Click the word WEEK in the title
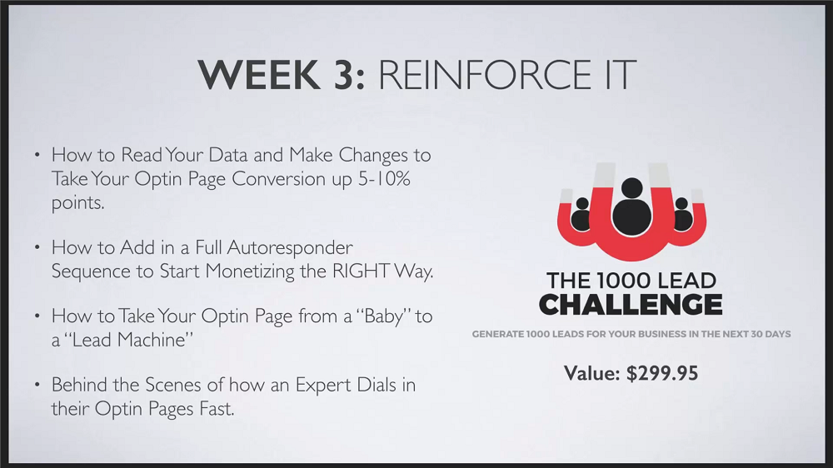259,74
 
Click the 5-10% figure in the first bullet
384,178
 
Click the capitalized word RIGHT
362,271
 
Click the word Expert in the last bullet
320,385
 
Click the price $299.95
662,373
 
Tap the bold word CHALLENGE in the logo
631,305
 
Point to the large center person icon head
631,187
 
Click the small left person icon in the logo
582,214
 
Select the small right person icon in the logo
681,214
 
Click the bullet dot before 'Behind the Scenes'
37,384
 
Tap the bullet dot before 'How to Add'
37,247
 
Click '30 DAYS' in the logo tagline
771,334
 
